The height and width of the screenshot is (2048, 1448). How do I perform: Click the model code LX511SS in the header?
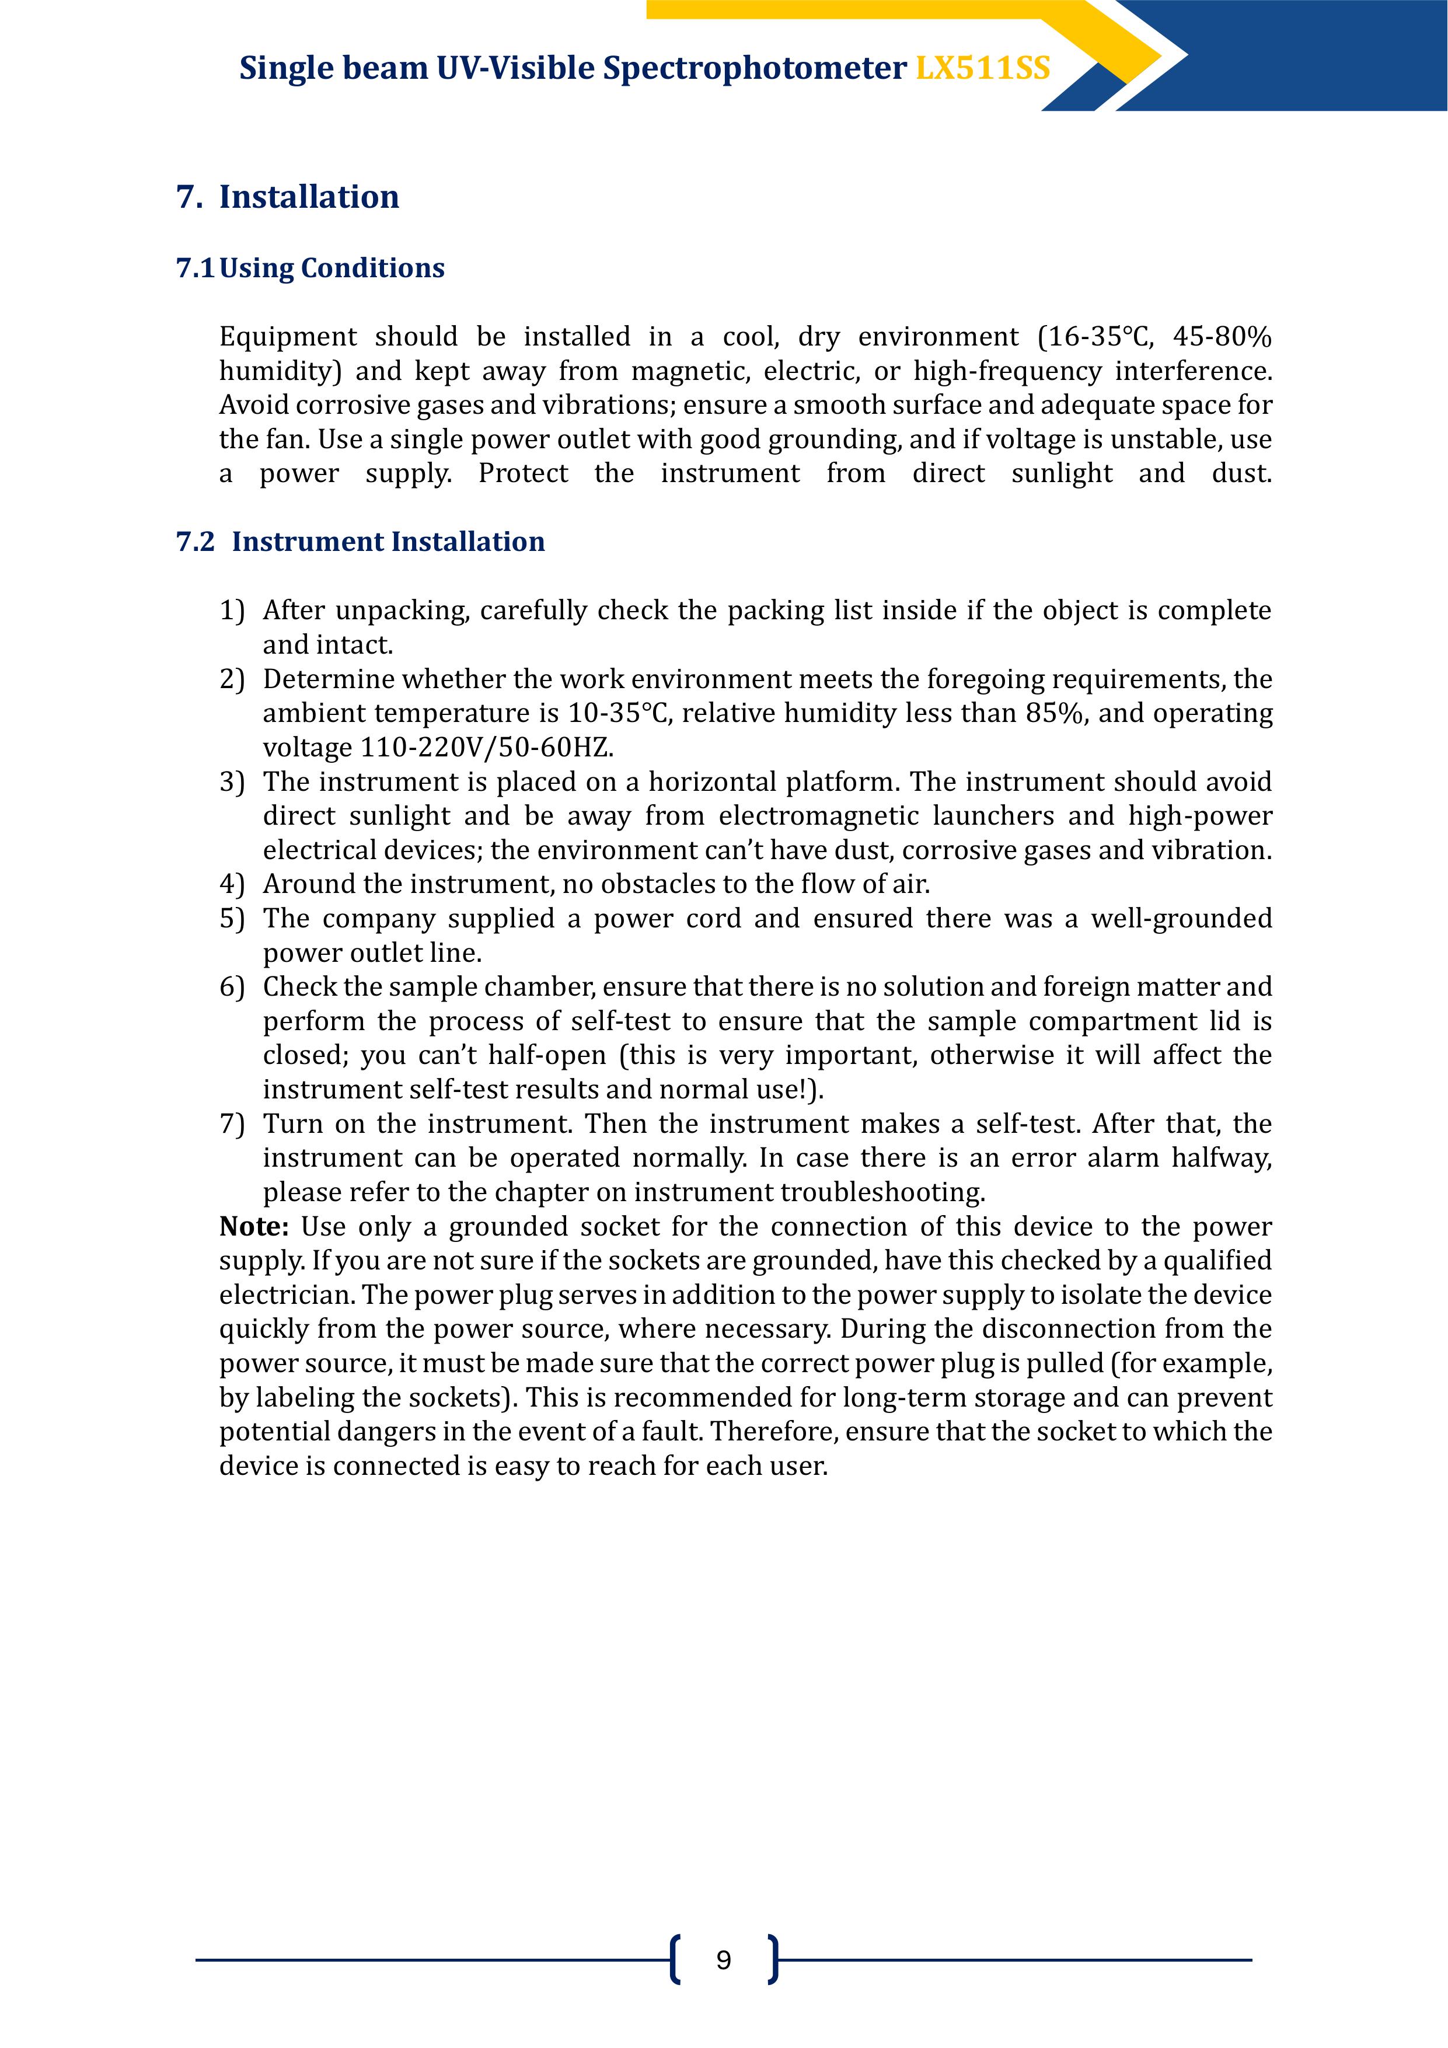click(982, 69)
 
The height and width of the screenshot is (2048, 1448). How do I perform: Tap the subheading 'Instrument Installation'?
click(388, 542)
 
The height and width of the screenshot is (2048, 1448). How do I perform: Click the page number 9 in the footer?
click(724, 1960)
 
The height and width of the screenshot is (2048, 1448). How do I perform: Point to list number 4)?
click(231, 884)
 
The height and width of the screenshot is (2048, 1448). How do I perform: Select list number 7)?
click(231, 1124)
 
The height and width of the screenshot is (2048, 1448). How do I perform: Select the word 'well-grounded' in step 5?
click(1181, 919)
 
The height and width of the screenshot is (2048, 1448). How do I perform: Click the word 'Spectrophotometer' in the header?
click(755, 69)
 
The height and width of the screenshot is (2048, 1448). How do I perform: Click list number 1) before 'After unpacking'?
click(231, 611)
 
